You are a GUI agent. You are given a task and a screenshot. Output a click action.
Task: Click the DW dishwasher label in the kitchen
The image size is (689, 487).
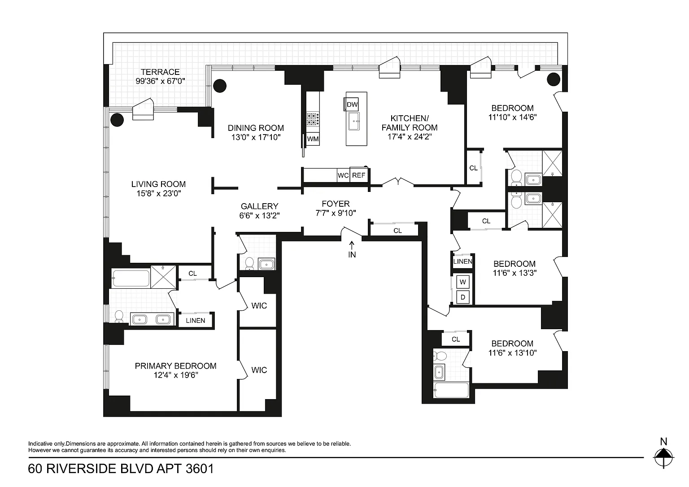coord(352,104)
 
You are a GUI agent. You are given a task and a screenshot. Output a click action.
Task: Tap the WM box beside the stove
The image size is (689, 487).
coord(313,139)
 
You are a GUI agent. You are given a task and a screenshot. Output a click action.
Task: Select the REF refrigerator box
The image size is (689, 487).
coord(358,175)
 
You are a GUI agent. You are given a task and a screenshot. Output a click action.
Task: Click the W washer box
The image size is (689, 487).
coord(463,282)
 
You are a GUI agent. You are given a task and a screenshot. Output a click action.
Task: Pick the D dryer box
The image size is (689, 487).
coord(463,296)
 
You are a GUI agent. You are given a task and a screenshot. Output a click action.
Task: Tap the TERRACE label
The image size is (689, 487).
coord(160,72)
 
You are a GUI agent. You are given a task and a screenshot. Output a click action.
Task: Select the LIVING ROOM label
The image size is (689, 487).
coord(158,184)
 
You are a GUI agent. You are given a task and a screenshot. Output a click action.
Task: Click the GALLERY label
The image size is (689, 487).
coord(259,206)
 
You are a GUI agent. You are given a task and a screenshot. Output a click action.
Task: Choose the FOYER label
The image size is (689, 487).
coord(336,204)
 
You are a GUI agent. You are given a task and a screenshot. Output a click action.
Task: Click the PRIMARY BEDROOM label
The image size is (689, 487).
coord(175,366)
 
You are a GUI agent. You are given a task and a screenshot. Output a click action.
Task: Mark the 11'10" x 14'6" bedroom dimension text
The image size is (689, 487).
coord(512,117)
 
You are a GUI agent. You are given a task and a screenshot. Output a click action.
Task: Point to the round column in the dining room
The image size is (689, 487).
coord(220,85)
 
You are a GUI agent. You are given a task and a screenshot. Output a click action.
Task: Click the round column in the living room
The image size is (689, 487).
coord(117,119)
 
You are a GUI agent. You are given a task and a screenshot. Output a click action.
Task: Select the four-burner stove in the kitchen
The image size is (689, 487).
coord(313,118)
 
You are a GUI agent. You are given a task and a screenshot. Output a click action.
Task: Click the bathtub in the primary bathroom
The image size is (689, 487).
coord(131,278)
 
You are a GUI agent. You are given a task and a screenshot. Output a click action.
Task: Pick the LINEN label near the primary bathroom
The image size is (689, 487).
coord(195,320)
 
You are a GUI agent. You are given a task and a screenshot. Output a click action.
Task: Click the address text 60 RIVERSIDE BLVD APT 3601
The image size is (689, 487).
coord(121,469)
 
